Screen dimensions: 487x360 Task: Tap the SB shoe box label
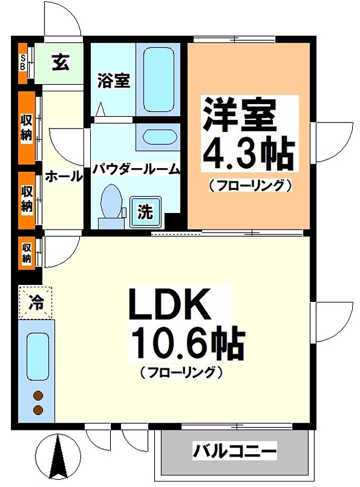point(23,62)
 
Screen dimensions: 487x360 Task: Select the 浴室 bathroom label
point(114,80)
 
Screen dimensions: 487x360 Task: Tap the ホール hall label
point(63,177)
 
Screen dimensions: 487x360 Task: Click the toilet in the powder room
point(111,204)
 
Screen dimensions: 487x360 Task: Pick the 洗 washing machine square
point(145,212)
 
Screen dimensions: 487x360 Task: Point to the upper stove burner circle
point(38,394)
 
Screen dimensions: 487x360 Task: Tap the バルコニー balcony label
point(235,452)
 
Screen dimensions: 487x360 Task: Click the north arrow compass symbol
point(58,458)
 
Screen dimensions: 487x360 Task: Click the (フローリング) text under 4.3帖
point(250,184)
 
